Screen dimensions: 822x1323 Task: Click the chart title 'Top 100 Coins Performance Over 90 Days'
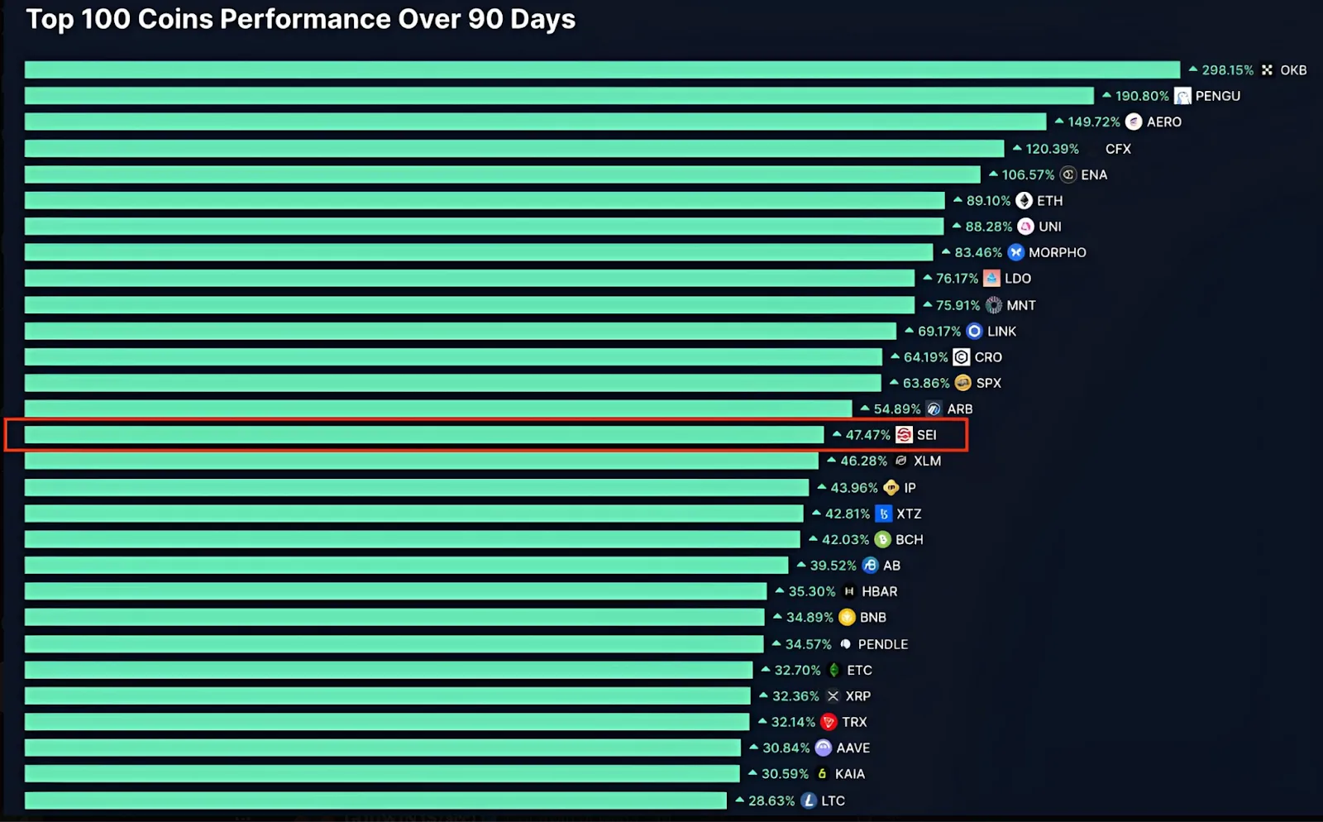pos(300,19)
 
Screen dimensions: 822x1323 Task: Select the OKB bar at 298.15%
pos(602,70)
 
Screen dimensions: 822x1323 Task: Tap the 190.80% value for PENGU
pos(1142,96)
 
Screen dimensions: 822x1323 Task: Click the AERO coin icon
pos(1134,122)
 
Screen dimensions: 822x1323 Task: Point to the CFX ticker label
pos(1118,149)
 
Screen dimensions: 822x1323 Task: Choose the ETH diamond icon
pos(1024,201)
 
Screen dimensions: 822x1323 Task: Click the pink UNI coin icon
pos(1025,227)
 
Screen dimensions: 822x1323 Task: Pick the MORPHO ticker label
pos(1057,253)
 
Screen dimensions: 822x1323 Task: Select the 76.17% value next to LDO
pos(957,279)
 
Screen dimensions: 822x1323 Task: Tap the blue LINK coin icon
pos(974,332)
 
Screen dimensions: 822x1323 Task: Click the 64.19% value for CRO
pos(925,357)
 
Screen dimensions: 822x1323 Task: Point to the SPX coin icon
pos(962,383)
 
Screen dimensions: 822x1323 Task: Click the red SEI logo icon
pos(904,435)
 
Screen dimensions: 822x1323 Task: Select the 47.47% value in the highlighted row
pos(867,435)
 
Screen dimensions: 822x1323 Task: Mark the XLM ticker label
pos(927,461)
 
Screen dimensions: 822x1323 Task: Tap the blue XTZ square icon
pos(883,514)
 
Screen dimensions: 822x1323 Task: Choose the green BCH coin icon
pos(882,540)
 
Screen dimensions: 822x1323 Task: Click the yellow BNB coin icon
pos(847,618)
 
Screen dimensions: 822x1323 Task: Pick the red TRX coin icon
pos(829,722)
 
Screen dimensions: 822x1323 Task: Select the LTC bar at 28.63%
pos(375,800)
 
